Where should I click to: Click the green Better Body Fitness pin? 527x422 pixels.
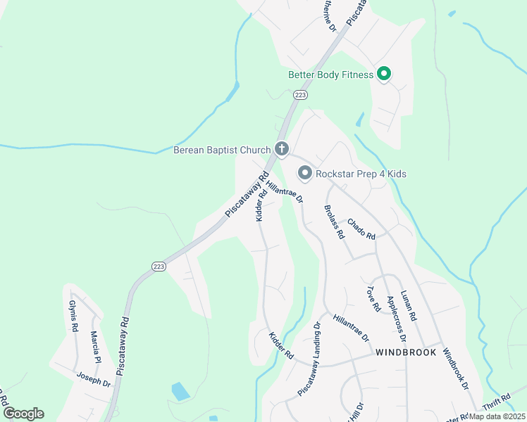[x=384, y=73]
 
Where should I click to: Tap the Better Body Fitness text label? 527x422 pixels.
[x=330, y=75]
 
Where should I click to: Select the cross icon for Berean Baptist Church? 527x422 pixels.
[x=281, y=148]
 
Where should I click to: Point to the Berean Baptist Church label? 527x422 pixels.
[x=223, y=150]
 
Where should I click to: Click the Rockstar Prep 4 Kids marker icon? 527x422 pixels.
[x=305, y=172]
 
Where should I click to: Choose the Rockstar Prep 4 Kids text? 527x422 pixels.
[x=361, y=174]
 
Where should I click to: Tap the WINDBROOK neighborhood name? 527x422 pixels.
[x=406, y=352]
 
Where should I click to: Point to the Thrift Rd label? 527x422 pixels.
[x=495, y=406]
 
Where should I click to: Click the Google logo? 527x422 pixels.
[x=23, y=414]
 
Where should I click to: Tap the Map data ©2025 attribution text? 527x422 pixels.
[x=497, y=416]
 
